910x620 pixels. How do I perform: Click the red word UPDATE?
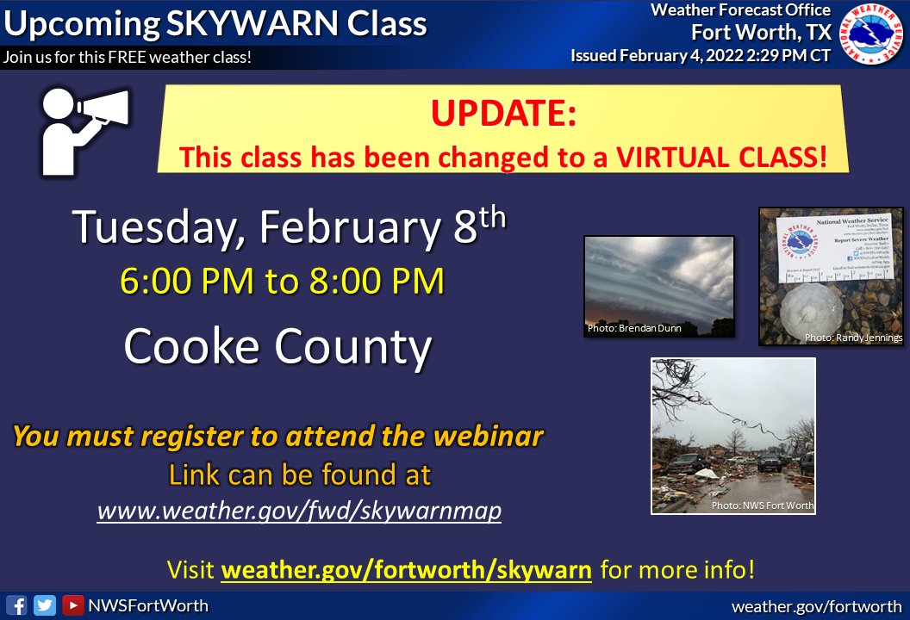(503, 115)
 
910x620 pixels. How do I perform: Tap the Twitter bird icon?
(45, 605)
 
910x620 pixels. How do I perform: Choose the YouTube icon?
(72, 605)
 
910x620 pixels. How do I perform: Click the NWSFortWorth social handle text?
(147, 605)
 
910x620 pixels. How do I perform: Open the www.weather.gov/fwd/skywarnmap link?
(299, 511)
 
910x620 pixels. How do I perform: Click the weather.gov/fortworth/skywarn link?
(407, 569)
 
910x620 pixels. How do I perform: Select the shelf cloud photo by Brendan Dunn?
(658, 285)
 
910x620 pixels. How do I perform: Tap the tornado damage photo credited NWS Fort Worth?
(732, 436)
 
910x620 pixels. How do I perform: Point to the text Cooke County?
(277, 347)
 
